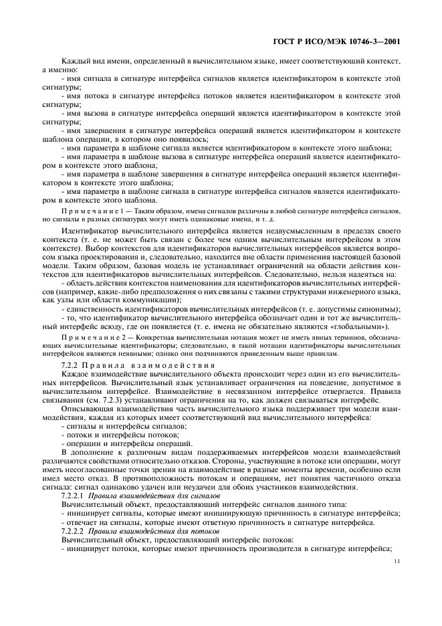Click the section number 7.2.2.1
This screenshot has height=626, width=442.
coord(72,498)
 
